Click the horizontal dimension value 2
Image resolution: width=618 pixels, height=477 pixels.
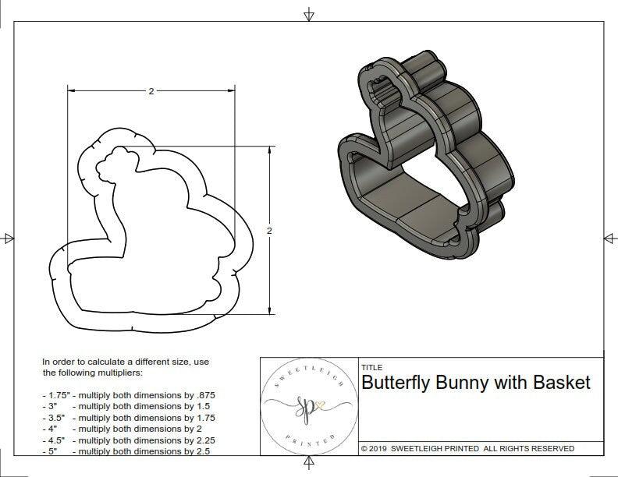(151, 91)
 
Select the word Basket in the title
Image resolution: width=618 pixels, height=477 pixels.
(562, 383)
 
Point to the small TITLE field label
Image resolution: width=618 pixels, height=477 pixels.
(371, 367)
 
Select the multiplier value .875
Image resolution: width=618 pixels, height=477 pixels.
(203, 395)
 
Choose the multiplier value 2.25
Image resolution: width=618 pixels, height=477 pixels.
(201, 440)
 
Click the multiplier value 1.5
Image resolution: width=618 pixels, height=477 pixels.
(197, 407)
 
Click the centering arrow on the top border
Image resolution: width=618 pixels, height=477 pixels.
(309, 14)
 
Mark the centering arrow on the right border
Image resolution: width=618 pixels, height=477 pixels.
(608, 237)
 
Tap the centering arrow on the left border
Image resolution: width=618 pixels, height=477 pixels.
(9, 238)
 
